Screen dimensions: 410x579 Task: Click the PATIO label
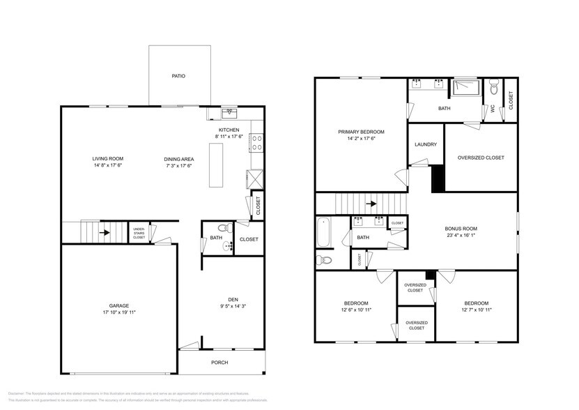pyautogui.click(x=179, y=76)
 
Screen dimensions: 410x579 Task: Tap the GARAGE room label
pyautogui.click(x=118, y=305)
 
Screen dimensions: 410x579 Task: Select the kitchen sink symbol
pyautogui.click(x=229, y=112)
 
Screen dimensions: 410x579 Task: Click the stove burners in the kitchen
pyautogui.click(x=256, y=143)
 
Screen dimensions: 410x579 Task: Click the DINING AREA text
pyautogui.click(x=179, y=158)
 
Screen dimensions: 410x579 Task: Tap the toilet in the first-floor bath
pyautogui.click(x=222, y=227)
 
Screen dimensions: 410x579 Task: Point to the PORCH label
pyautogui.click(x=219, y=363)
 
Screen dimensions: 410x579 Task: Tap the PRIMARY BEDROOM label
pyautogui.click(x=361, y=132)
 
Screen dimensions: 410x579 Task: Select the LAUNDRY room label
pyautogui.click(x=425, y=144)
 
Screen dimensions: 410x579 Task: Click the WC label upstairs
pyautogui.click(x=492, y=109)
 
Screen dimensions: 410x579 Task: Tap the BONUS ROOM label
pyautogui.click(x=461, y=229)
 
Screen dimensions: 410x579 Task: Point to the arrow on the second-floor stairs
pyautogui.click(x=371, y=204)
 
